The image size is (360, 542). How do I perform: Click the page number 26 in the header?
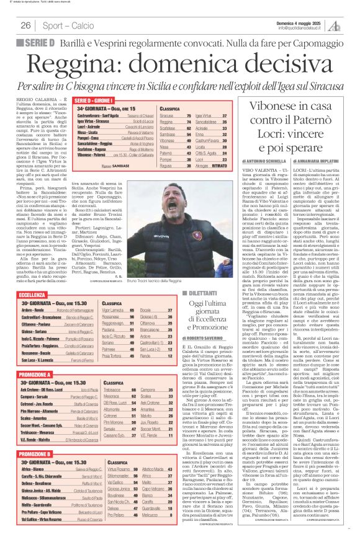point(25,25)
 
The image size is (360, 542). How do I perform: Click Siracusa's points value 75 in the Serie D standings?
point(187,115)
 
